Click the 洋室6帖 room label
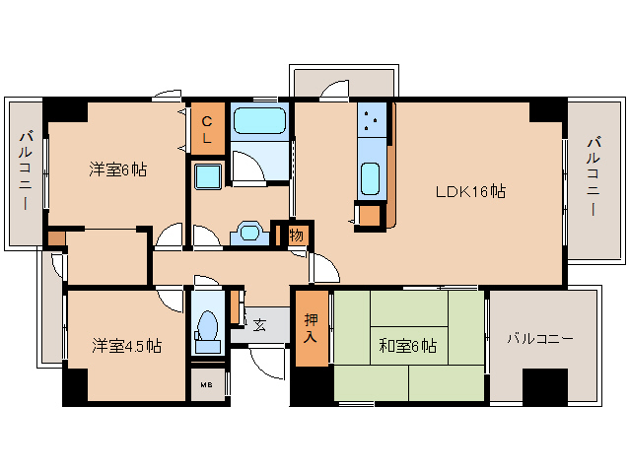click(118, 169)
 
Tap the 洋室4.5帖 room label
click(127, 346)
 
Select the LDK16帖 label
click(471, 191)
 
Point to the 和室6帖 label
click(408, 346)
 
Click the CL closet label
click(207, 129)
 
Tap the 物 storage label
click(296, 235)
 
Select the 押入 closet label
click(311, 328)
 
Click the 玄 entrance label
click(259, 324)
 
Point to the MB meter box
click(207, 384)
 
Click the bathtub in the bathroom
click(259, 123)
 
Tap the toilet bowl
click(208, 328)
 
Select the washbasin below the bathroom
click(249, 235)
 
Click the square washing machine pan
click(209, 176)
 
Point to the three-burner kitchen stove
click(373, 123)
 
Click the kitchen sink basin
click(371, 178)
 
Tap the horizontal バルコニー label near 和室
click(539, 338)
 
